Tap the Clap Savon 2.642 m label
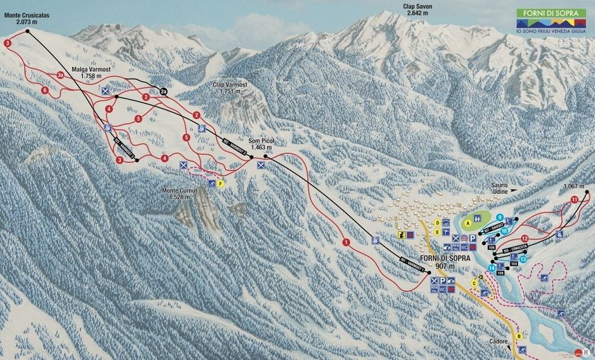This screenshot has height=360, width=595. (418, 9)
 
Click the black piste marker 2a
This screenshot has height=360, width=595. (163, 91)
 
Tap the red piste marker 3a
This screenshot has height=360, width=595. (61, 75)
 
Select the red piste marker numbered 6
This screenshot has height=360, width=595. (44, 90)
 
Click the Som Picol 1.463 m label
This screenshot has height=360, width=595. (263, 143)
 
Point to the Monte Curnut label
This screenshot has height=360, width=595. (183, 193)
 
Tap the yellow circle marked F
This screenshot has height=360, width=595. (221, 183)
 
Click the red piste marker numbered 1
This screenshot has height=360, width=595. (345, 242)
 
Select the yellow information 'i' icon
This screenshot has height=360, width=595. (400, 235)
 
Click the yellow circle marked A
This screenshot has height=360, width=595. (468, 223)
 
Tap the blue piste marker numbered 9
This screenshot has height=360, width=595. (499, 217)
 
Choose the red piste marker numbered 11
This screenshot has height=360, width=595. (574, 200)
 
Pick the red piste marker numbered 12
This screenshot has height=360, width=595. (524, 239)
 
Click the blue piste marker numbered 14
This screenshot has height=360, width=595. (491, 268)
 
